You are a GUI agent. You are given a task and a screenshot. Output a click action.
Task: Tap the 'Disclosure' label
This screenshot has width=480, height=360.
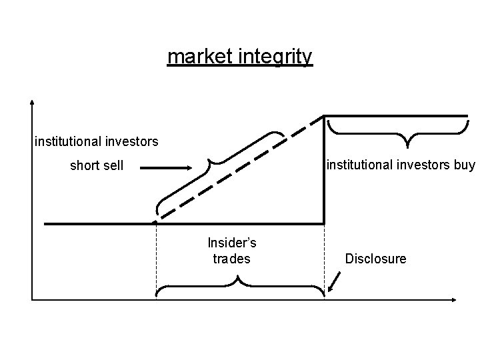click(x=375, y=258)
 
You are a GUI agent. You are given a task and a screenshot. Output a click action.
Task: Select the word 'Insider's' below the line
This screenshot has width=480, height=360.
click(x=232, y=243)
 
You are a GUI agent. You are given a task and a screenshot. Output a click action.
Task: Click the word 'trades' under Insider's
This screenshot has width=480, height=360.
click(x=232, y=258)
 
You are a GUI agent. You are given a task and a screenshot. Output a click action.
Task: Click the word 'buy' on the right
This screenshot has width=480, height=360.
click(x=463, y=164)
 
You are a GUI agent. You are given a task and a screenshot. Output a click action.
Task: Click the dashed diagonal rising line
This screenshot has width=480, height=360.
click(x=240, y=170)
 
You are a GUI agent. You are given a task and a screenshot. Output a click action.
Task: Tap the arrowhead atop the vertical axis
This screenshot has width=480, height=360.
click(x=32, y=103)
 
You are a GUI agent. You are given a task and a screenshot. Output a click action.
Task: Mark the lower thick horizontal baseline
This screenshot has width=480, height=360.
click(x=100, y=223)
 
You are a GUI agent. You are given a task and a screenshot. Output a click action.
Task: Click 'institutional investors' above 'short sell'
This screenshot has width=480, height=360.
click(x=97, y=141)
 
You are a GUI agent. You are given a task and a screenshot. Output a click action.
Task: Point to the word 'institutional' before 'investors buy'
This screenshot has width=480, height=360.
click(x=361, y=164)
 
